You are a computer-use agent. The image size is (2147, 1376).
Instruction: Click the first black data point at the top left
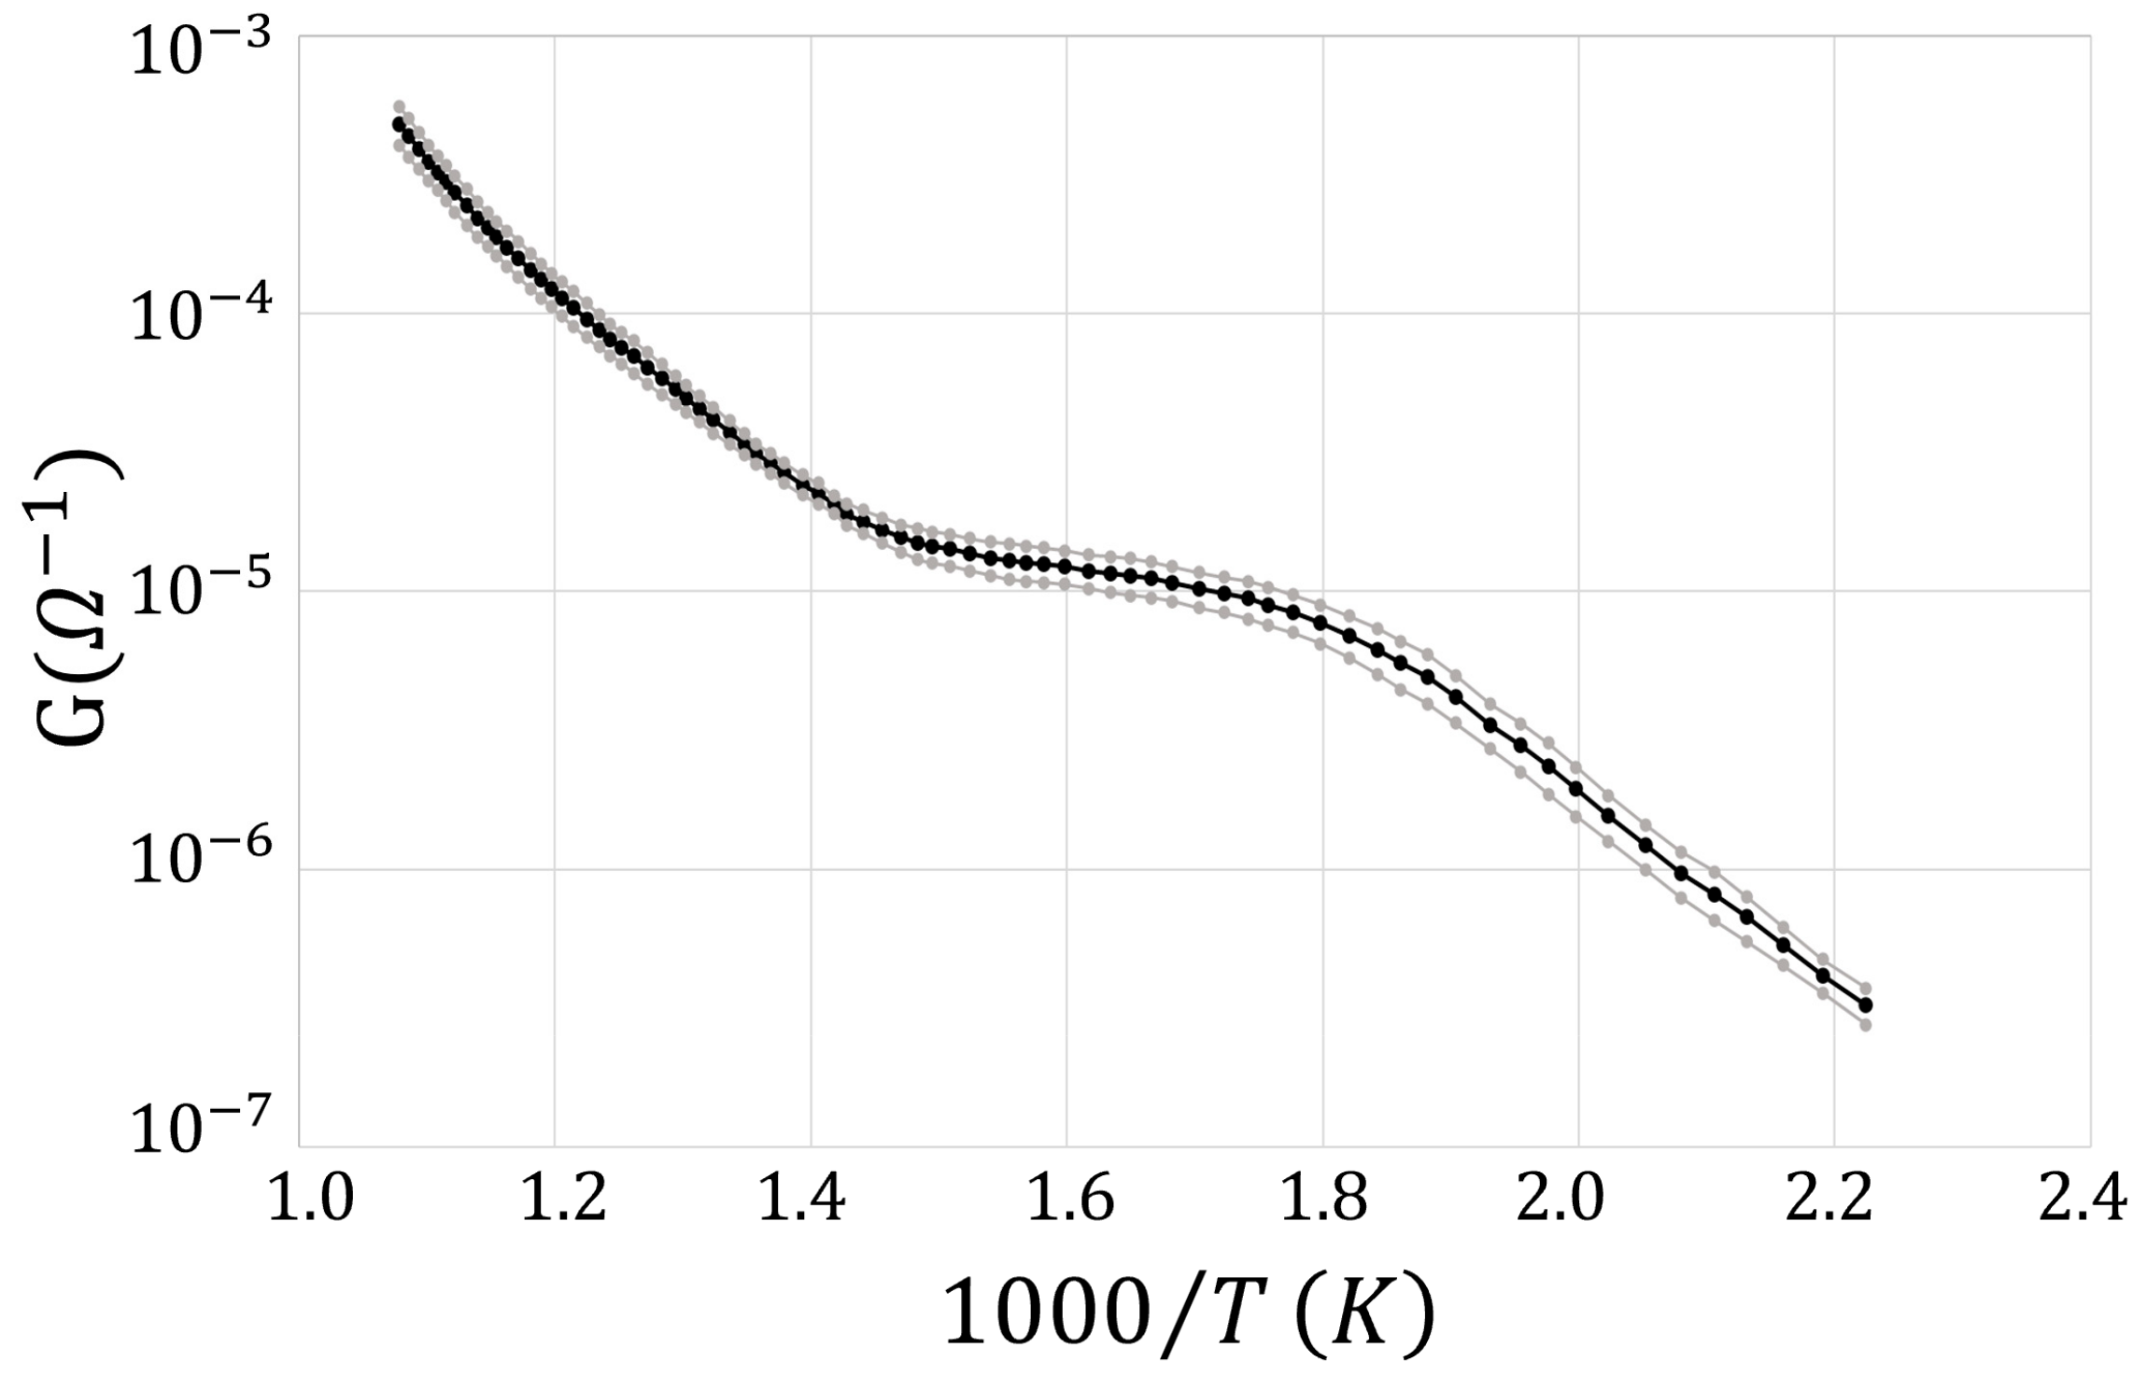pos(399,124)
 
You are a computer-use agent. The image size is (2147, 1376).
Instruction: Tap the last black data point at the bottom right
pos(1866,1004)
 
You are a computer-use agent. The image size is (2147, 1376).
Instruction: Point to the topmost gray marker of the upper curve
pos(399,106)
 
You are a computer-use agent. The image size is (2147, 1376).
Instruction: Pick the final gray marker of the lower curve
pos(1866,1024)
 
